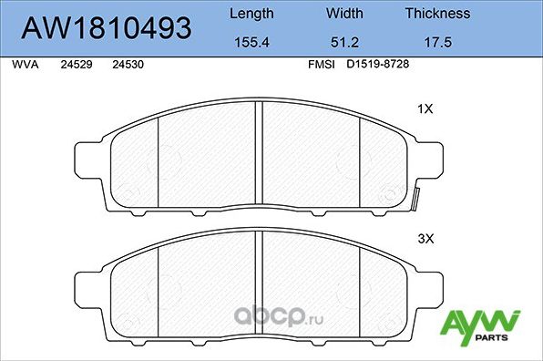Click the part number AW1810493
click(x=107, y=28)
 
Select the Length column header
click(x=251, y=14)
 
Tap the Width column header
click(x=343, y=14)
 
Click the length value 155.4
click(x=251, y=42)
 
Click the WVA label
click(x=26, y=66)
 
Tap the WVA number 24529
click(x=76, y=66)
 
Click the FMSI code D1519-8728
click(x=383, y=66)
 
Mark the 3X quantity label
click(x=425, y=240)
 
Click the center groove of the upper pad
click(x=261, y=155)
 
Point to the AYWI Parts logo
click(x=480, y=326)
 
